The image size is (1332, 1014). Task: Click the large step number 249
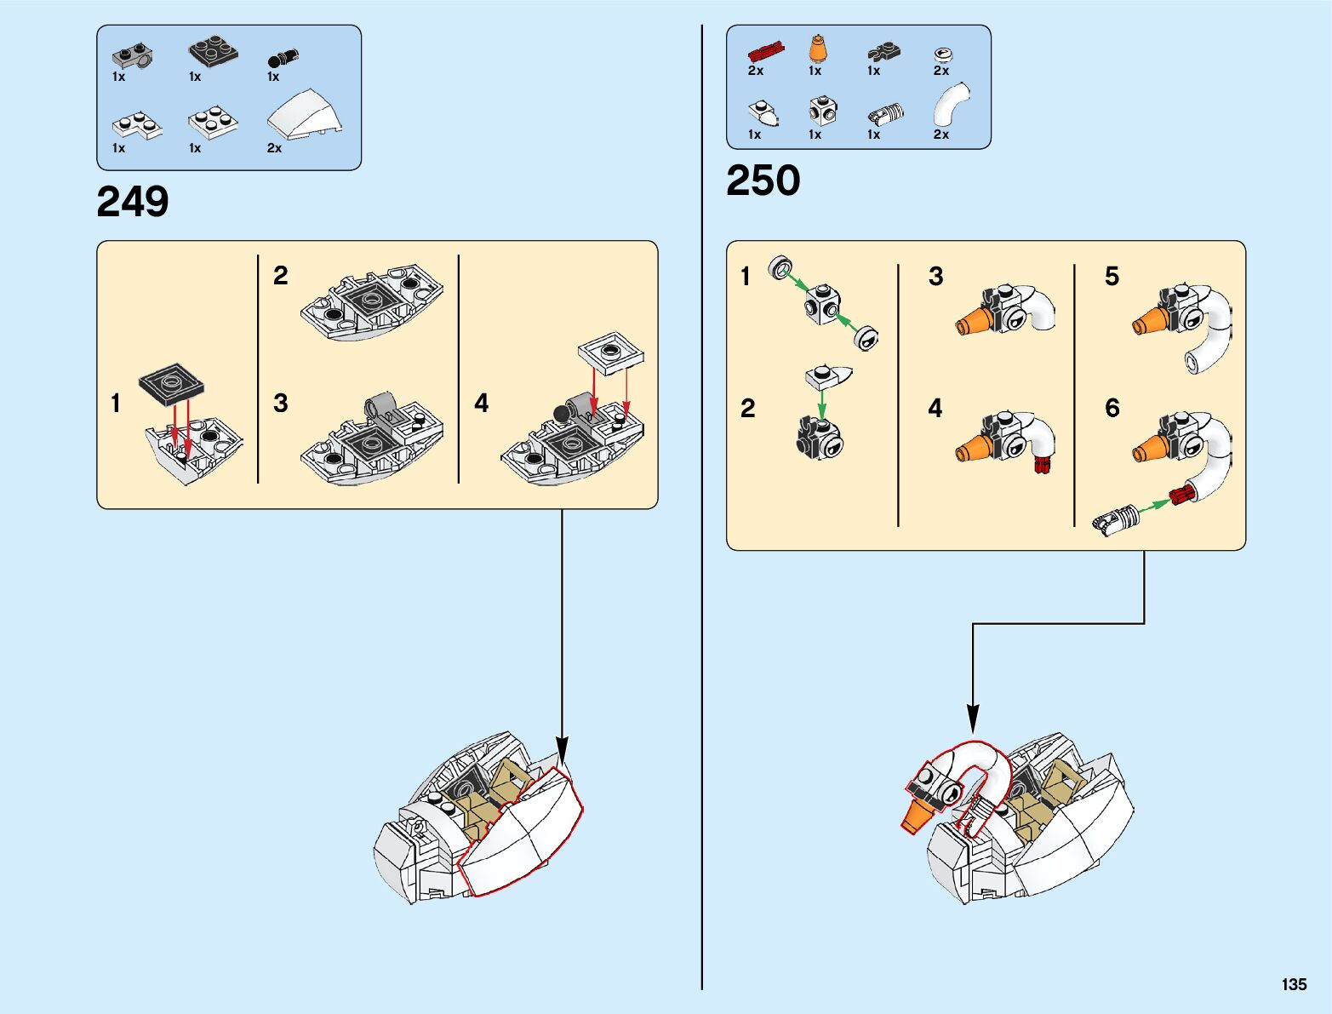pos(132,202)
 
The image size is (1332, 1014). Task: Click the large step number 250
pos(763,180)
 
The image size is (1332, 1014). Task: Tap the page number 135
pos(1294,984)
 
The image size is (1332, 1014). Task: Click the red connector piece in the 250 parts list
pos(765,52)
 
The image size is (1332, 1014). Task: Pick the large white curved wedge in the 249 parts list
pos(305,115)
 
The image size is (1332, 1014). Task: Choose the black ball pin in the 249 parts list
pos(283,58)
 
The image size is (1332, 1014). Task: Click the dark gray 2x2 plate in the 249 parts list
pos(213,50)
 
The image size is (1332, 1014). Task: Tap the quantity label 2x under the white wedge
pos(274,148)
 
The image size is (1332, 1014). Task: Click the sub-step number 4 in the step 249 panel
pos(481,403)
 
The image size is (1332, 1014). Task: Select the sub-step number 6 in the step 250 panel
pos(1112,408)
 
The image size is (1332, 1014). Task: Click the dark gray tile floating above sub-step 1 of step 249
pos(171,384)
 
